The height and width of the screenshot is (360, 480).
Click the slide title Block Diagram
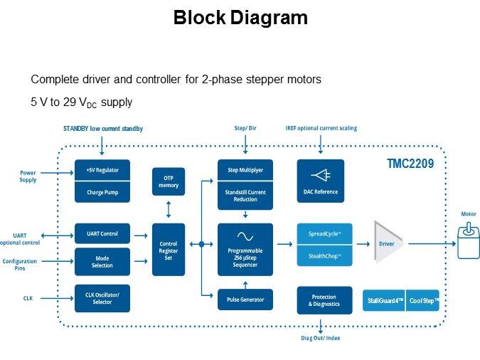[240, 18]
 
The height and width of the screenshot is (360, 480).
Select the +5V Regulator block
[102, 171]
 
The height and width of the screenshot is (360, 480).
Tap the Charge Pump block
[102, 191]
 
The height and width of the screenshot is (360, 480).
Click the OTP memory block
[168, 181]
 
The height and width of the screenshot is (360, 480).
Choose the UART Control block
[102, 234]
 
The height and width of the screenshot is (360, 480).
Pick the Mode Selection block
[102, 262]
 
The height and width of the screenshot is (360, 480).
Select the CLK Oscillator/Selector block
[102, 299]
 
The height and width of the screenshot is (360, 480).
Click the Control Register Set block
[168, 250]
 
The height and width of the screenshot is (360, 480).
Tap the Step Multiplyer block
[245, 171]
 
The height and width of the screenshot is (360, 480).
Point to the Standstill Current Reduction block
[245, 196]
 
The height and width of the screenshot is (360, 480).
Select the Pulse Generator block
[245, 300]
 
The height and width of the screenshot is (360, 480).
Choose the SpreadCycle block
[324, 234]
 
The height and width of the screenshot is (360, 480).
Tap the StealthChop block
[324, 255]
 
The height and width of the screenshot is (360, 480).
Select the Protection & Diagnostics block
[324, 300]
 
